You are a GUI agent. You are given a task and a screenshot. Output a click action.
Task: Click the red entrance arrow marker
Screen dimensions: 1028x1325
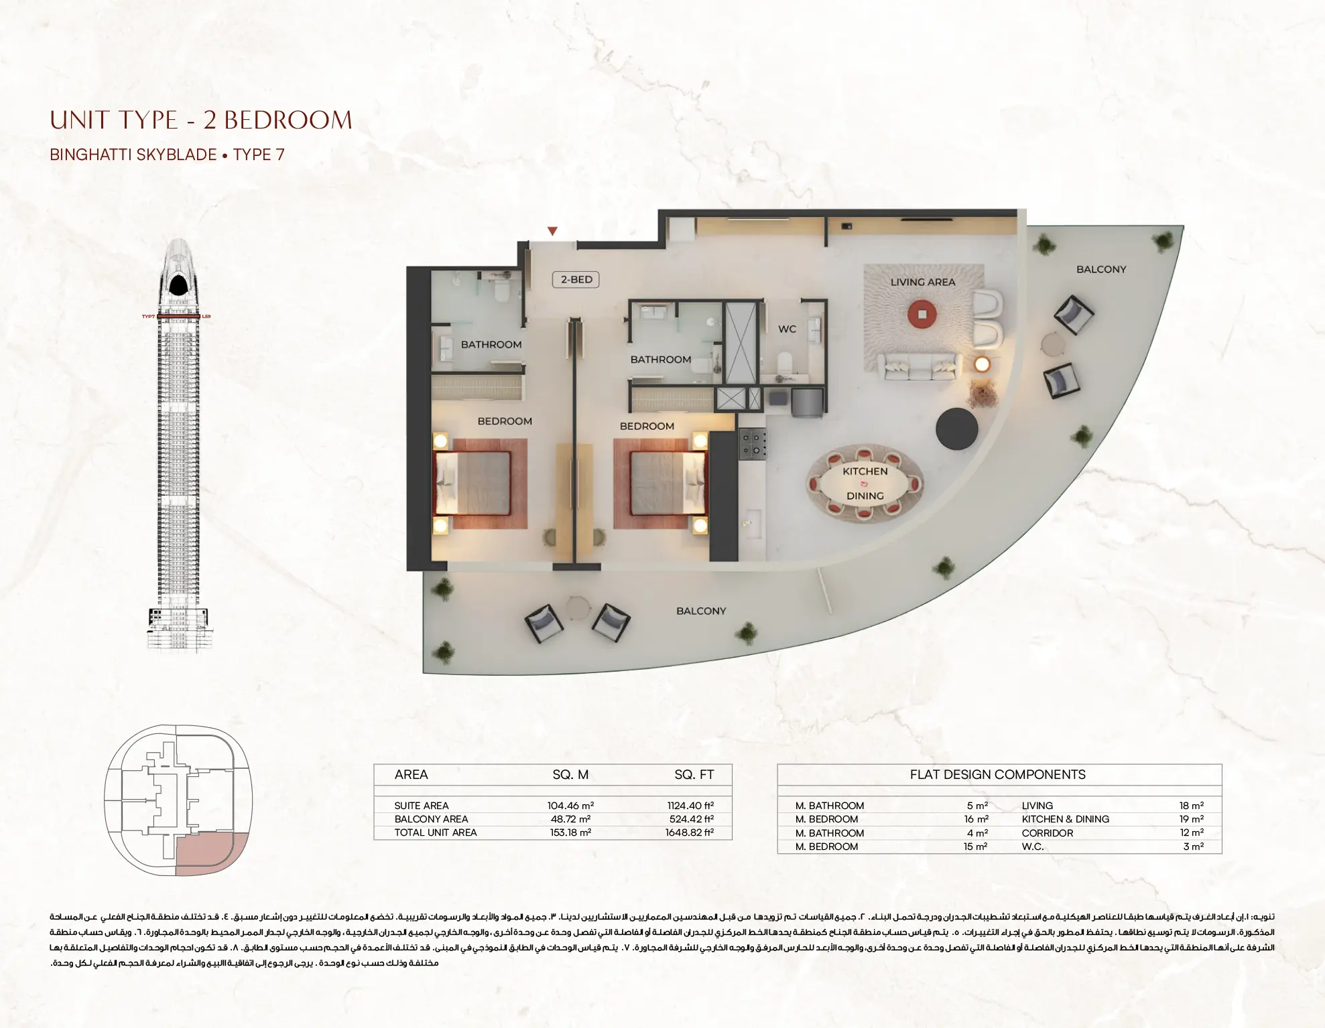552,231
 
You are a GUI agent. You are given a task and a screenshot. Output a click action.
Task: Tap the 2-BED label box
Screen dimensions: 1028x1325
576,279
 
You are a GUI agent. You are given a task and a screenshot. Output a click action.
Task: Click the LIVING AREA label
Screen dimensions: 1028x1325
922,282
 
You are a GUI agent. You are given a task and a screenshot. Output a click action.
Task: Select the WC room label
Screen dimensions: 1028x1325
787,329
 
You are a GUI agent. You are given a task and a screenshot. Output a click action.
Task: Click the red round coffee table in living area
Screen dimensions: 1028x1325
922,313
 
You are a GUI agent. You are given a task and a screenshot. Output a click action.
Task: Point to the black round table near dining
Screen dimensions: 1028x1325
956,429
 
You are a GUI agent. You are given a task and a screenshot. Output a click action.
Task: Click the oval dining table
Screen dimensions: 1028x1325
865,484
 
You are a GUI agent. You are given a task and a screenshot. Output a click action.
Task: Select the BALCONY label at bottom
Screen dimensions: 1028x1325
700,611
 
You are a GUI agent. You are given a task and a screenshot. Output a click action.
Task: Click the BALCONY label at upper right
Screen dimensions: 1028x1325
1100,269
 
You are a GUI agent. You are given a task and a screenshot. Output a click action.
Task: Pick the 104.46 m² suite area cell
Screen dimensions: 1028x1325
570,806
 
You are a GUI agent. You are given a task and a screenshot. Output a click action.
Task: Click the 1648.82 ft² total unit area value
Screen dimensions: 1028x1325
689,832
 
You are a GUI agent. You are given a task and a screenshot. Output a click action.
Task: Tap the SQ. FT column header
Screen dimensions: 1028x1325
694,775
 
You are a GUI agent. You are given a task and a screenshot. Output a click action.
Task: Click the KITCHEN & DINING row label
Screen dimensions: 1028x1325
1065,819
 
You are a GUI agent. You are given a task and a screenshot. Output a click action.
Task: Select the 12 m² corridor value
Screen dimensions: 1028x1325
1192,833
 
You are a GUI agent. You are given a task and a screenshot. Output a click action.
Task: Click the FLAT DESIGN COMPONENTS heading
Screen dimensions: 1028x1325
997,775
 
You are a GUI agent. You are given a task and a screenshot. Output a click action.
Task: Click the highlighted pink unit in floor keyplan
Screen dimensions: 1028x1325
211,854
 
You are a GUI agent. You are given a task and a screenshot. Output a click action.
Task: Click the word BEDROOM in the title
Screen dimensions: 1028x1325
288,121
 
